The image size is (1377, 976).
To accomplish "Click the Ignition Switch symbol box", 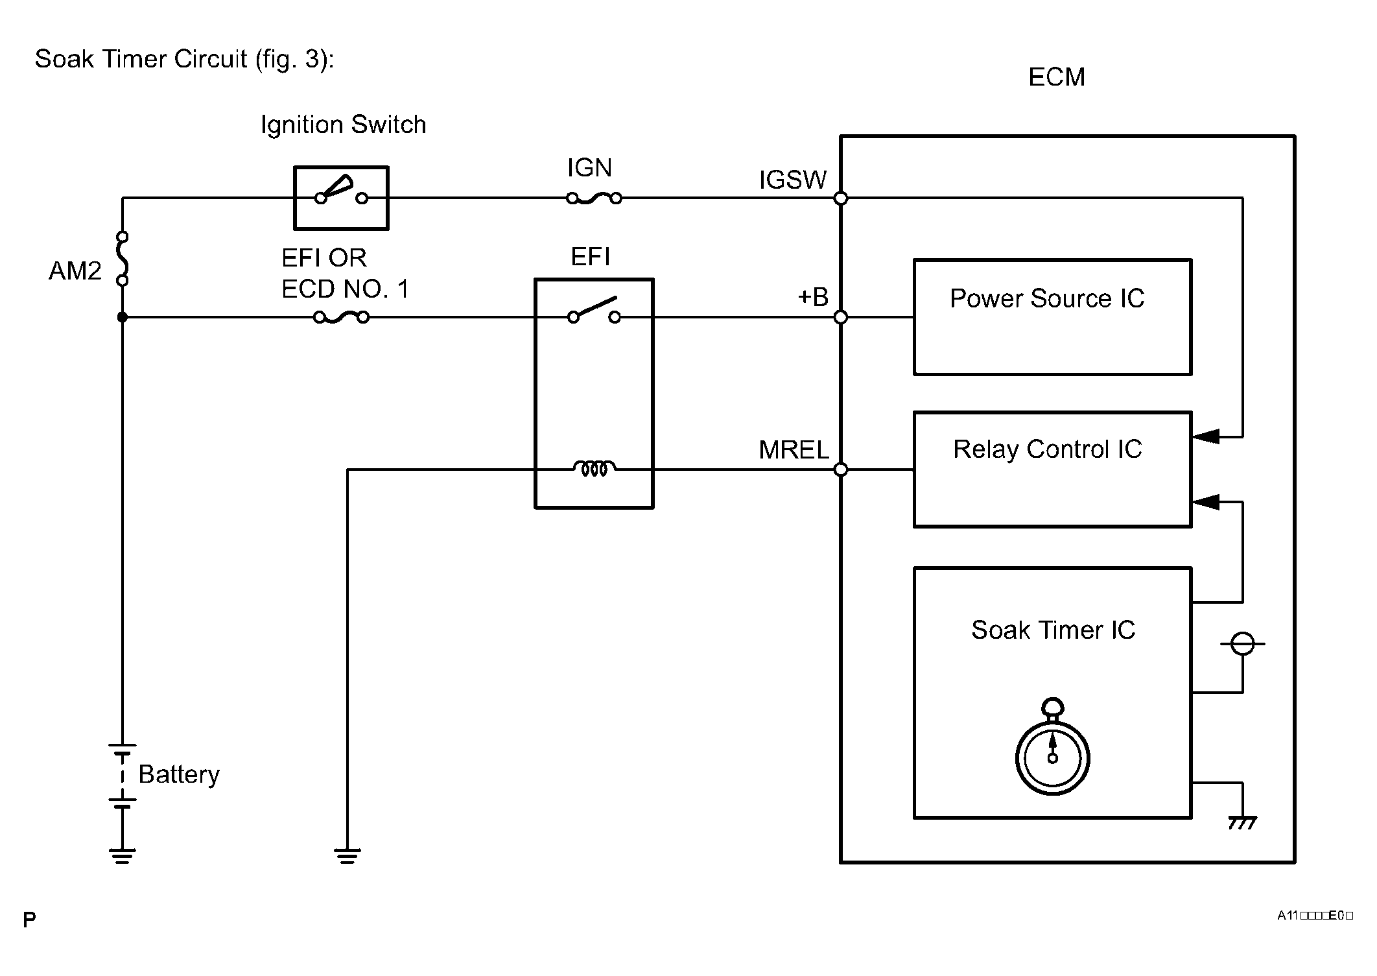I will pos(341,198).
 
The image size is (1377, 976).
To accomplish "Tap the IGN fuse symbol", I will pos(594,198).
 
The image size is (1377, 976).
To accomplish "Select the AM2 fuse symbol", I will pos(122,259).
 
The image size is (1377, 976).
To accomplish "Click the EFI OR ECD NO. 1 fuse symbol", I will pos(341,317).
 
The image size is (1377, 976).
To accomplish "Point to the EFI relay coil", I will pos(594,468).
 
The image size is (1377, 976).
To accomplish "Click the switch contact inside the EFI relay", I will pos(594,311).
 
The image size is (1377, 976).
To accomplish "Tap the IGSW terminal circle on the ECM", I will pos(841,198).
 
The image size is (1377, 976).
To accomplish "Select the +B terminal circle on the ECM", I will pos(841,317).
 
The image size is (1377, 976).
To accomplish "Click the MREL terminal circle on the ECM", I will pos(841,470).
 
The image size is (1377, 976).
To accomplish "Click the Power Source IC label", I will pos(1046,298).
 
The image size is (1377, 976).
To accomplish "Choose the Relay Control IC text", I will pos(1047,449).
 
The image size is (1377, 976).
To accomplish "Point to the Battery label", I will pos(179,774).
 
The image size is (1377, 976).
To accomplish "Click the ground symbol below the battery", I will pos(122,856).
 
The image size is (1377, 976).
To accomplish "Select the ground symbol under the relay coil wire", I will pos(347,856).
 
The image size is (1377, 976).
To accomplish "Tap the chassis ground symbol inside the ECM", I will pos(1242,822).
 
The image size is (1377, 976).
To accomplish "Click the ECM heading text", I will pos(1056,77).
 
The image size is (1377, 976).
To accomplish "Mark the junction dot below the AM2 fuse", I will pos(122,317).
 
